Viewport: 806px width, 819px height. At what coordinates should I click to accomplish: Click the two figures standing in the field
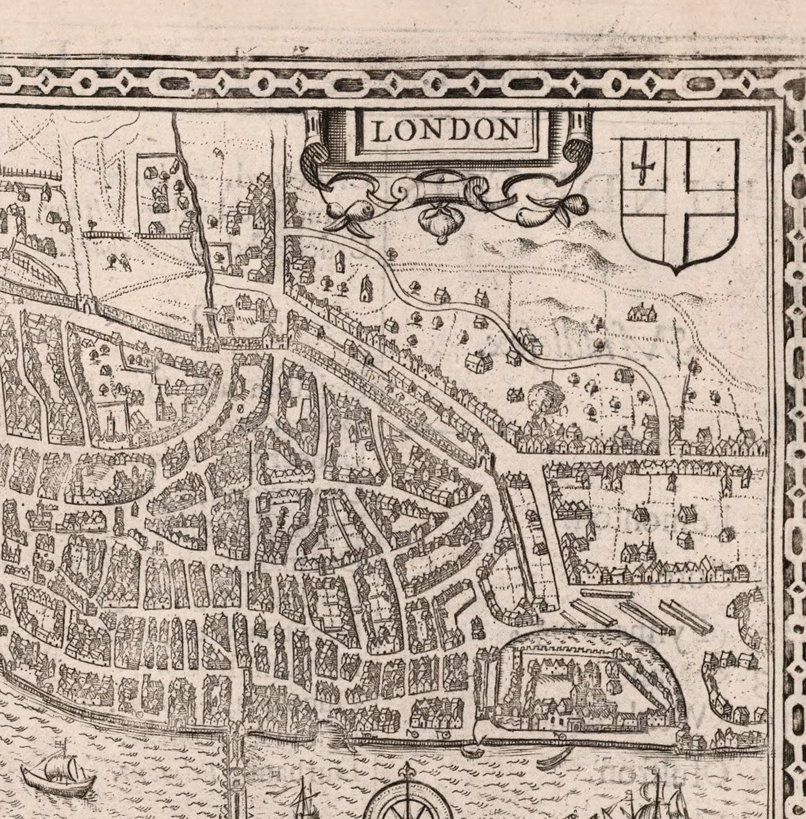point(117,261)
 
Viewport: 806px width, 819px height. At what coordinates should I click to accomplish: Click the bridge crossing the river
point(236,762)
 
